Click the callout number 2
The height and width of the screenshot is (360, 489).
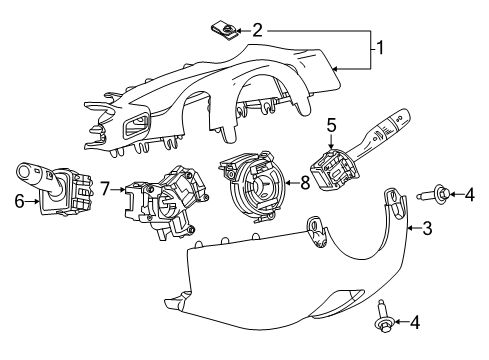coord(257,31)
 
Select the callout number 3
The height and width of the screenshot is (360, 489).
coord(426,231)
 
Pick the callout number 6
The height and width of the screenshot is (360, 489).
coord(18,201)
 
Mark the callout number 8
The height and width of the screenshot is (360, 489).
coord(307,182)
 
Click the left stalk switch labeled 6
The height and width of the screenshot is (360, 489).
coord(57,189)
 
